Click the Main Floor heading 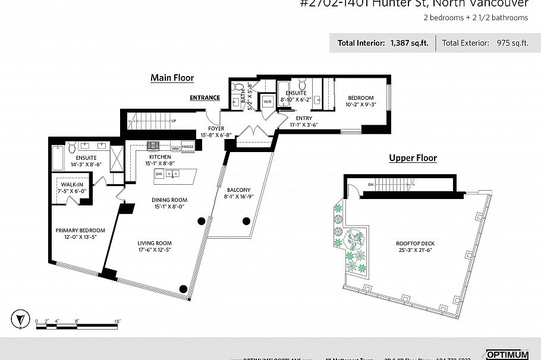(x=172, y=78)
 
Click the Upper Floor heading (x=413, y=158)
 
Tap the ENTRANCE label (x=205, y=97)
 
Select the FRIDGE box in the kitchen (x=187, y=146)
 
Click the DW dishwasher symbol (x=159, y=173)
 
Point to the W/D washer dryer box (x=267, y=101)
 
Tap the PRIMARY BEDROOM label (x=80, y=234)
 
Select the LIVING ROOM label (x=155, y=246)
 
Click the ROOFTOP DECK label (x=412, y=247)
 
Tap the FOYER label (x=215, y=131)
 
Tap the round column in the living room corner (x=183, y=289)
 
